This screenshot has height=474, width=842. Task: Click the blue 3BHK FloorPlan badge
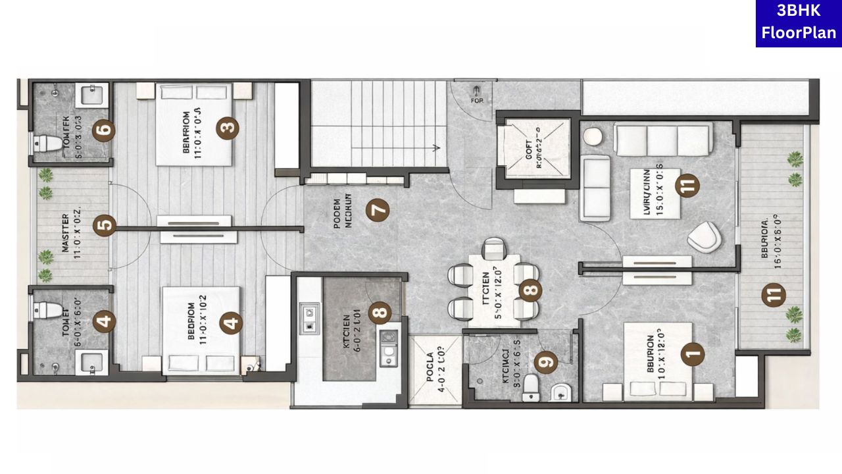coord(799,23)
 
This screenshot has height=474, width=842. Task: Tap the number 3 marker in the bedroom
coord(228,128)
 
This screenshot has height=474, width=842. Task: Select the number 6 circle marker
coord(104,130)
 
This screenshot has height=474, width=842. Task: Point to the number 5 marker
coord(104,226)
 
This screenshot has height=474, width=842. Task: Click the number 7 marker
coord(378,211)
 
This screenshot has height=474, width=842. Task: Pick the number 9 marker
coord(545,361)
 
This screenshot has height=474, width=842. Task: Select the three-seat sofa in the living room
coord(663,140)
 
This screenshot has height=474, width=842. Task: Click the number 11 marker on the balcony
coord(774,296)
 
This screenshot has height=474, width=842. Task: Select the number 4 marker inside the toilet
coord(104,322)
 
